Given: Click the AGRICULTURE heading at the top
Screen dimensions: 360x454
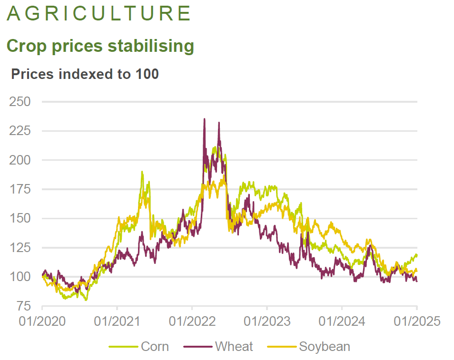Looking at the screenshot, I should coord(99,14).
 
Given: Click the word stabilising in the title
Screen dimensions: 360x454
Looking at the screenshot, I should coord(151,46).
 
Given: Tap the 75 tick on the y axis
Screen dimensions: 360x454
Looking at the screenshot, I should coord(23,306).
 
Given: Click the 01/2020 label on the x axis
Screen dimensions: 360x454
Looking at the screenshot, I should coord(42,321).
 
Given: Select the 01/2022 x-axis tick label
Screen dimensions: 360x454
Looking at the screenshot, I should coord(192,321).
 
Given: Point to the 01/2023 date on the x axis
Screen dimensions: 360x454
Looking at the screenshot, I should coord(267,321).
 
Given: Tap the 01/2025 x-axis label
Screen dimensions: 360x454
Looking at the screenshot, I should coord(417,321).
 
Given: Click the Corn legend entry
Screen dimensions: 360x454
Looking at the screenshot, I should coord(155,346).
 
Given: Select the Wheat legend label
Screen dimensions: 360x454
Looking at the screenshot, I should coord(234,346).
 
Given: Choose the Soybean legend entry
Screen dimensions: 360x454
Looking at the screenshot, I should coord(324,346).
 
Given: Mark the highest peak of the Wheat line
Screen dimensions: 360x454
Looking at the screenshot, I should coord(205,119).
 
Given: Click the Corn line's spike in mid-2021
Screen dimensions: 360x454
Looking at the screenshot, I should coord(142,172).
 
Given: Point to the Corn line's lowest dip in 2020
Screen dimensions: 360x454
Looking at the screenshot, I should coord(86,300).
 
